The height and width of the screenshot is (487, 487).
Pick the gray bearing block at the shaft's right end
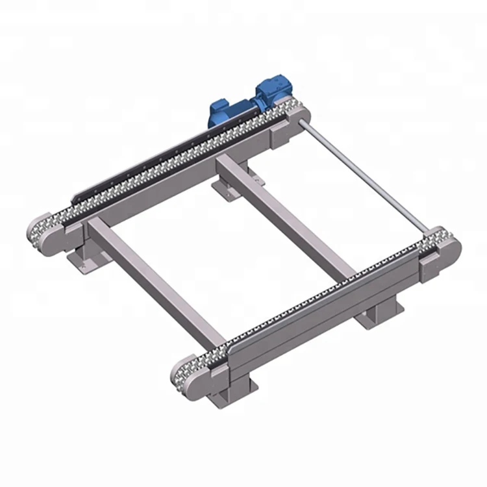[x=431, y=266]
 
